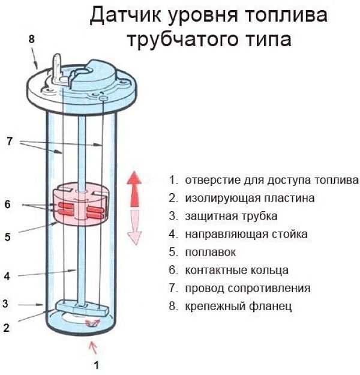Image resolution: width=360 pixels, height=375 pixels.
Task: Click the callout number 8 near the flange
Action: (x=32, y=39)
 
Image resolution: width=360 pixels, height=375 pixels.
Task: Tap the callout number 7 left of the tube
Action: (x=9, y=142)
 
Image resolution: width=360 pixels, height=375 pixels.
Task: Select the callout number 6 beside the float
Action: (x=7, y=205)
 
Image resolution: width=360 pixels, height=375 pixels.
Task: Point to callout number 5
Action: (x=7, y=237)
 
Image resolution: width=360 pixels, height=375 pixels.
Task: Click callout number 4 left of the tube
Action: (x=7, y=276)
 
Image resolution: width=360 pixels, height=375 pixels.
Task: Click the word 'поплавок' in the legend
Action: (x=211, y=252)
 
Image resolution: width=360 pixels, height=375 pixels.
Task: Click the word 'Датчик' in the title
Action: (x=127, y=16)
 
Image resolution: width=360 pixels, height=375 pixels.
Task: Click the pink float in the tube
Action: (x=80, y=204)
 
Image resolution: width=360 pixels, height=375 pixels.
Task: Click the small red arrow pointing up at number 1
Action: (x=92, y=346)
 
